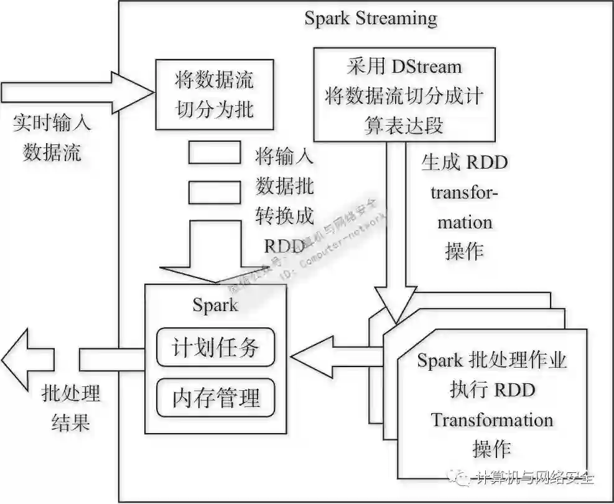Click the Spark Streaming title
click(370, 18)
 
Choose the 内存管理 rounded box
click(215, 397)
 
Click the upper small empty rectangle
click(214, 152)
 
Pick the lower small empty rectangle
click(214, 192)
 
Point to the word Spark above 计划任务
click(215, 304)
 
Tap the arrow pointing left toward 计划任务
click(336, 359)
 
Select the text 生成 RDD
click(464, 162)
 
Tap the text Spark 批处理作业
click(491, 360)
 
